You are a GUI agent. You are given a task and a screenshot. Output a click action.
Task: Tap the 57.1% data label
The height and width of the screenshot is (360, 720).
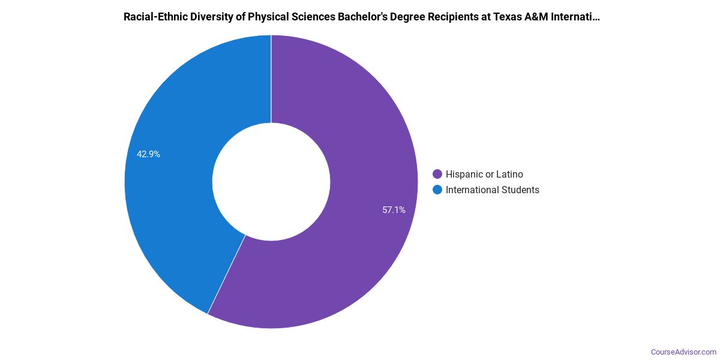point(394,210)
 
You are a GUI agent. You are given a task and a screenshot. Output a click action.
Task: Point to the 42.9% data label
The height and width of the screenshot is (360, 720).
point(148,154)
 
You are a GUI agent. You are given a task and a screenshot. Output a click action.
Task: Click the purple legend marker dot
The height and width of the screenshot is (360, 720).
point(437,175)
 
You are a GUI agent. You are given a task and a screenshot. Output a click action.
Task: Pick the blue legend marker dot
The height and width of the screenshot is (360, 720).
point(437,190)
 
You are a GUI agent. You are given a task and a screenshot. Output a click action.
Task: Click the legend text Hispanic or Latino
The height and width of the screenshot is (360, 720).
point(484,175)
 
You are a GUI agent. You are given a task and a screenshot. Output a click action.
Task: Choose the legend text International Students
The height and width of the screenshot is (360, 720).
point(492,190)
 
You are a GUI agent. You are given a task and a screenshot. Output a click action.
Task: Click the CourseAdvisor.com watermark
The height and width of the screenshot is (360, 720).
point(683,352)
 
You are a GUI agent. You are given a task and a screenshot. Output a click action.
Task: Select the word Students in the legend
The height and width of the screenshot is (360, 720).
point(520,190)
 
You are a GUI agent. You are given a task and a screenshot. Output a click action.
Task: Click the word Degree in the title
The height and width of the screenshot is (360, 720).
point(397,17)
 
